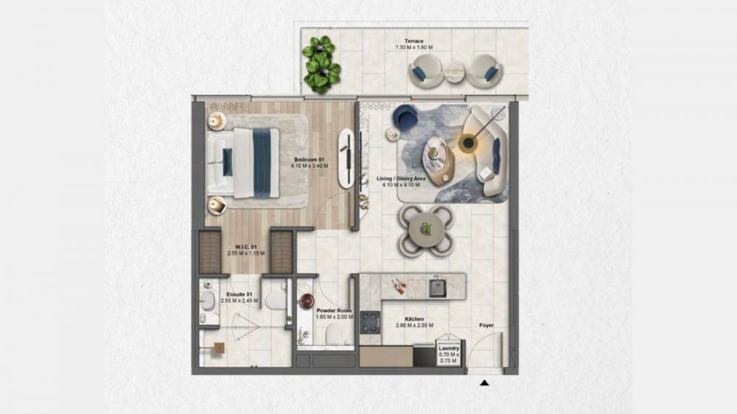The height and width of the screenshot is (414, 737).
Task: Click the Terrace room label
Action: pyautogui.click(x=413, y=41)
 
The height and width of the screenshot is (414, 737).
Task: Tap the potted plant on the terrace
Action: pyautogui.click(x=321, y=64)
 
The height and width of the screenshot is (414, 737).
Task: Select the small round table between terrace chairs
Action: pyautogui.click(x=455, y=72)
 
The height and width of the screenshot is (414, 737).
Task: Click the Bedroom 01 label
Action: pyautogui.click(x=310, y=160)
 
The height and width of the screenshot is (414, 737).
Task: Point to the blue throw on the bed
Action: pyautogui.click(x=262, y=163)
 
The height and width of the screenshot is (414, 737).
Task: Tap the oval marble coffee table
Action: pyautogui.click(x=439, y=159)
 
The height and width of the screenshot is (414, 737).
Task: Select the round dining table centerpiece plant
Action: pyautogui.click(x=426, y=229)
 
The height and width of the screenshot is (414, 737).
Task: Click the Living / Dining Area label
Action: pyautogui.click(x=401, y=178)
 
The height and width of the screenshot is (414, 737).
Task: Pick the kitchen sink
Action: pyautogui.click(x=437, y=287)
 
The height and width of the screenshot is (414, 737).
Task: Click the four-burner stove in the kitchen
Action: pyautogui.click(x=370, y=322)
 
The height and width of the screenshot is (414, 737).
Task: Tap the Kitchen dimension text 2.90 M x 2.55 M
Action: pyautogui.click(x=414, y=325)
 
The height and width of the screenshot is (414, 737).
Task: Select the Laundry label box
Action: pyautogui.click(x=449, y=354)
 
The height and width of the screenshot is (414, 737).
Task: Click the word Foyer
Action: pyautogui.click(x=486, y=325)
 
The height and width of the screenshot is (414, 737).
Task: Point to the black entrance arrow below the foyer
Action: pyautogui.click(x=484, y=383)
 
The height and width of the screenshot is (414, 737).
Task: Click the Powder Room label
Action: pyautogui.click(x=334, y=311)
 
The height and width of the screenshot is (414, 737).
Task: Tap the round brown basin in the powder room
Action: pyautogui.click(x=307, y=301)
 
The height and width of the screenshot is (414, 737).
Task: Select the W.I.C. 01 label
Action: pyautogui.click(x=246, y=247)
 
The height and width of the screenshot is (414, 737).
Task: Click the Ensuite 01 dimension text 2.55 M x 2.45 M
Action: pyautogui.click(x=240, y=301)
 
